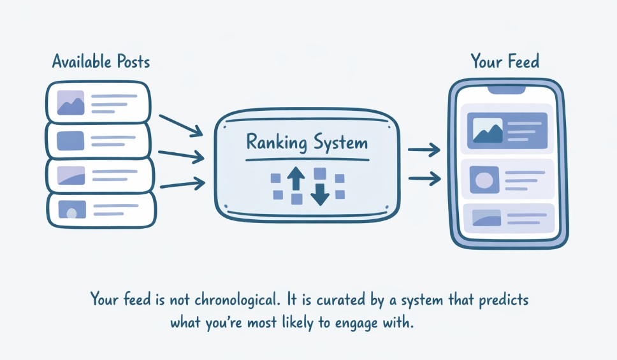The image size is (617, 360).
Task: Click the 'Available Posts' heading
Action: (101, 62)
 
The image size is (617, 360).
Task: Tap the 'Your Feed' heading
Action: (505, 62)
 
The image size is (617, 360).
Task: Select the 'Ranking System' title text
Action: (307, 141)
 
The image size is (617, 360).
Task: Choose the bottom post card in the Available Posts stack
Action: (101, 209)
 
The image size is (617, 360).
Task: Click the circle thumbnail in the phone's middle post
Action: (484, 180)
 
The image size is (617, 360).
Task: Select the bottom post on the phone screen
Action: (508, 218)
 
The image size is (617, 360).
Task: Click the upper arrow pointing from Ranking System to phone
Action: (424, 150)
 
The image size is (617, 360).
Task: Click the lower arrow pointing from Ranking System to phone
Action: (424, 179)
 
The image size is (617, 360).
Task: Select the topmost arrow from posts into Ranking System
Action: (180, 125)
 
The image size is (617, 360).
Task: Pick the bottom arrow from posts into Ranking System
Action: (182, 185)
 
